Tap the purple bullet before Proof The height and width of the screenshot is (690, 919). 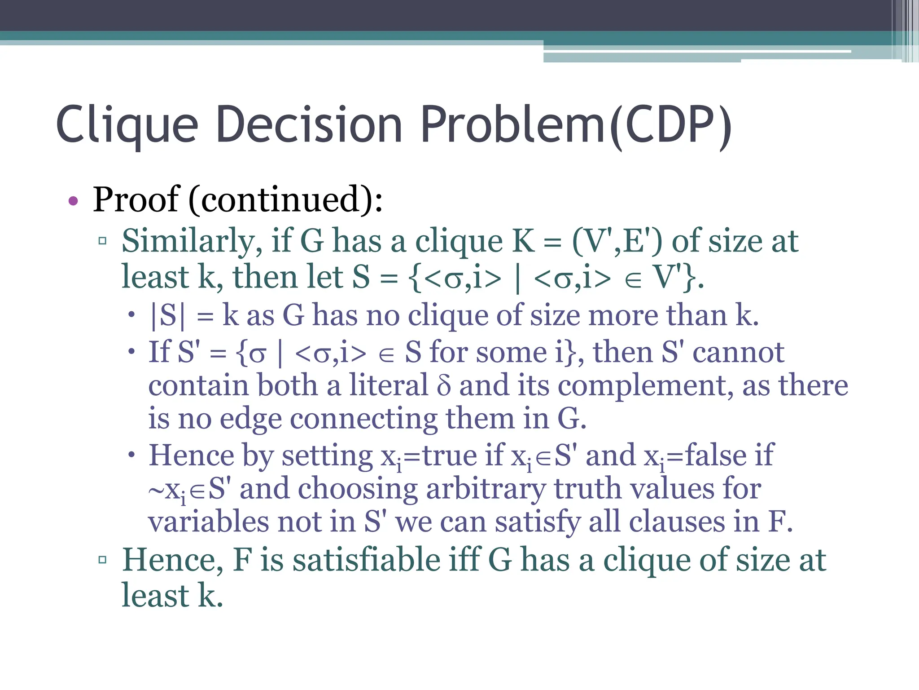tap(73, 201)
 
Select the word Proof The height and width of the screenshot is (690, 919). tap(136, 199)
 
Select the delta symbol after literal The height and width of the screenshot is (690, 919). tap(443, 386)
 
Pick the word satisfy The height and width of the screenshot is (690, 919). tap(538, 522)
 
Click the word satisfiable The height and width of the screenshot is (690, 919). tap(367, 560)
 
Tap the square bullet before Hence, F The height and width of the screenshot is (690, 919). tap(102, 560)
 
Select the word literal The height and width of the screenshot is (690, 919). tap(389, 386)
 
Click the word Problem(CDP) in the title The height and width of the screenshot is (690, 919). tap(576, 125)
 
